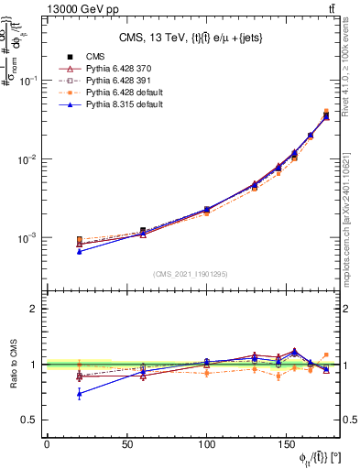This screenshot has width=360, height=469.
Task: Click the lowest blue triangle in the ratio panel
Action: (x=79, y=394)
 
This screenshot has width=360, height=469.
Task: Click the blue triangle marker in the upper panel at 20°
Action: (x=79, y=251)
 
